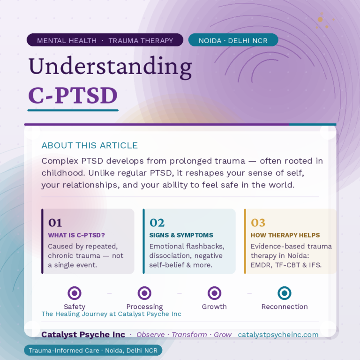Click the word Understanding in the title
[x=110, y=67]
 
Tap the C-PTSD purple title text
[x=73, y=95]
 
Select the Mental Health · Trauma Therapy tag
[x=105, y=40]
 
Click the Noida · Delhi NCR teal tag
[x=233, y=40]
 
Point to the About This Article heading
[x=90, y=145]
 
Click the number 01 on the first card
[x=55, y=223]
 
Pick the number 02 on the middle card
[x=157, y=223]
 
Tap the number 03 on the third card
[x=258, y=223]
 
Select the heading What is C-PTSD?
[x=76, y=235]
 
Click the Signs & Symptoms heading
[x=181, y=235]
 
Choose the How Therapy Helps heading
[x=285, y=235]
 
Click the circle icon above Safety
[x=75, y=293]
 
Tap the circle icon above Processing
[x=144, y=293]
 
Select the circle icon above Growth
[x=214, y=293]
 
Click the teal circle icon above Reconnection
[x=284, y=293]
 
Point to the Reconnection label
[x=284, y=307]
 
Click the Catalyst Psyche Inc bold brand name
[x=83, y=335]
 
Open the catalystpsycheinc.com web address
[x=278, y=335]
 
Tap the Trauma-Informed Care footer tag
[x=93, y=351]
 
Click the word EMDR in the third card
[x=262, y=265]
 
